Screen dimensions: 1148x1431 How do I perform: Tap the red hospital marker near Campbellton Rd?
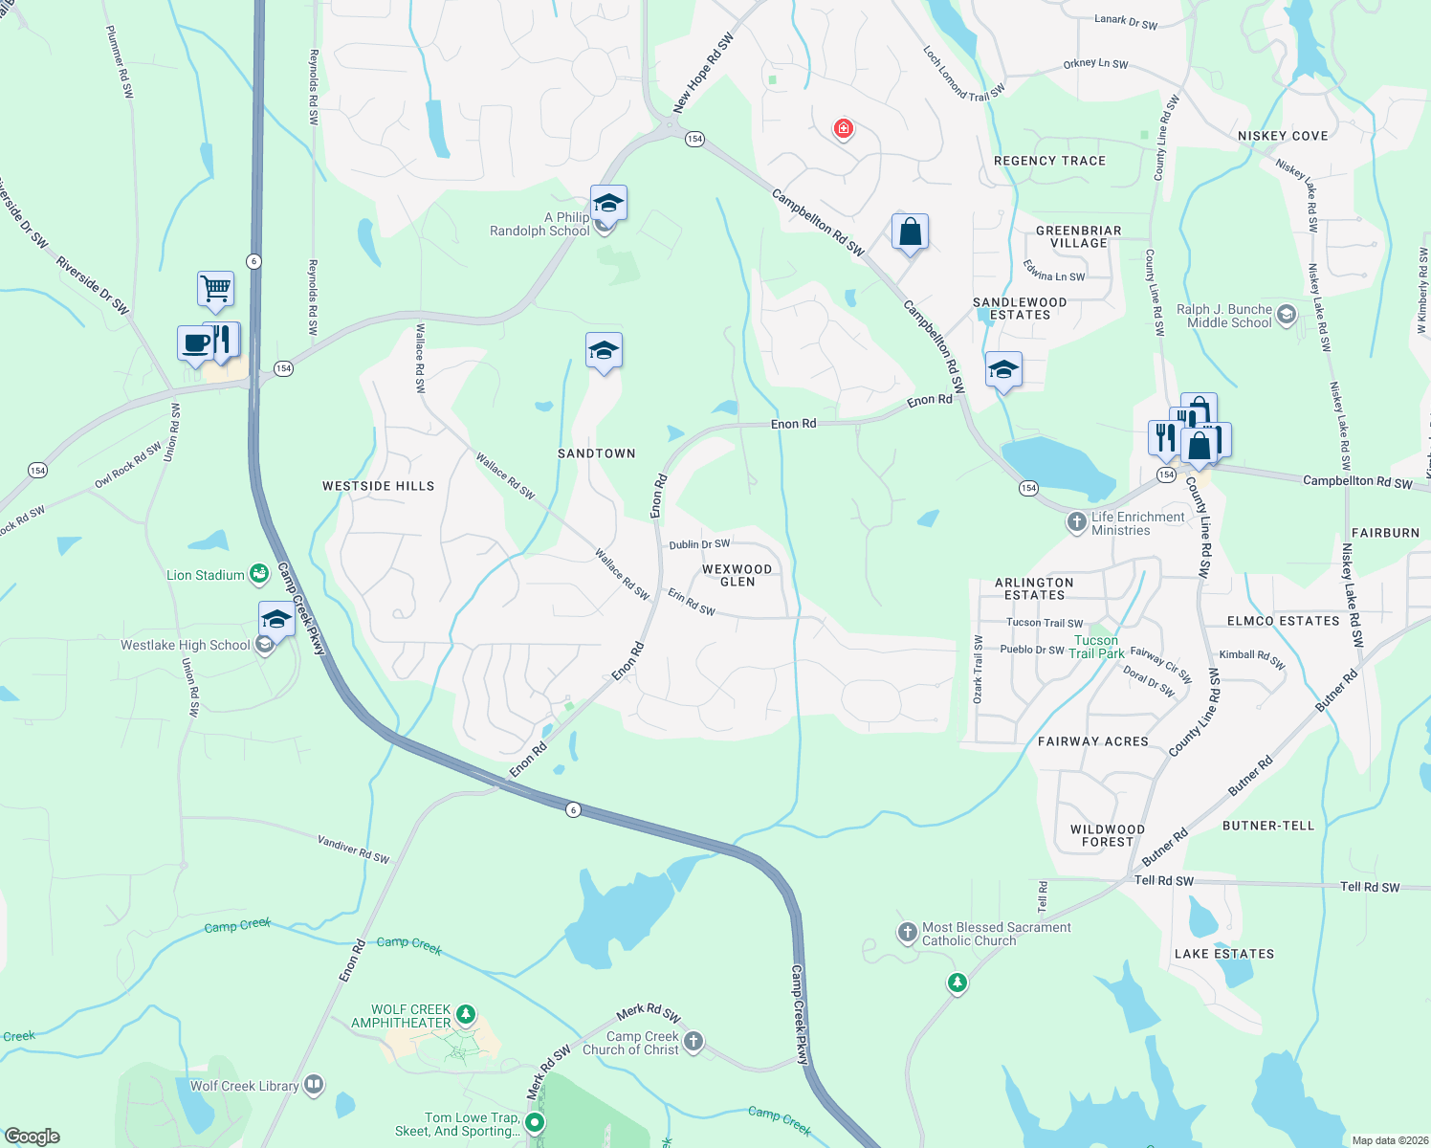(843, 128)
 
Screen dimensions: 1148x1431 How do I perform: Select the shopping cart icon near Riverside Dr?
(216, 287)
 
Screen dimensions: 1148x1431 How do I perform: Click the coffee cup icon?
(195, 342)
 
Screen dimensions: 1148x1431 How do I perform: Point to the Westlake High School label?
(186, 646)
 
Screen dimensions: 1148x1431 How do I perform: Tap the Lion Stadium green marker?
(258, 574)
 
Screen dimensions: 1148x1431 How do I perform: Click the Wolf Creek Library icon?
(314, 1085)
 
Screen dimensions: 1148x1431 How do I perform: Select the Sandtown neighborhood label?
(597, 453)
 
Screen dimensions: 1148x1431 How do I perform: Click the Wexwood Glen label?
(737, 575)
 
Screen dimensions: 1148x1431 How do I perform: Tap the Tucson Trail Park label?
(1096, 647)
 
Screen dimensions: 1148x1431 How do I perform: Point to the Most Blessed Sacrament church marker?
(908, 932)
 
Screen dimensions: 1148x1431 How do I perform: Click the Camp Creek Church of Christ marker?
(693, 1041)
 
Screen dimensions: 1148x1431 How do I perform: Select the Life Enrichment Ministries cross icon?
(1077, 521)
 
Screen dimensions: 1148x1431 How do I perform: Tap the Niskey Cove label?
(1283, 136)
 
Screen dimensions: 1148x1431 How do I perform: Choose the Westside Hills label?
(378, 486)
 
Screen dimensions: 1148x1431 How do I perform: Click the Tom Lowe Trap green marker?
(536, 1122)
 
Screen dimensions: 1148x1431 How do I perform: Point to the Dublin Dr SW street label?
(699, 544)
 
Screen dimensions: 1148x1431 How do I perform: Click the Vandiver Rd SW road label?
(353, 850)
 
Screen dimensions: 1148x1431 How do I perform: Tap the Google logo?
(32, 1137)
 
